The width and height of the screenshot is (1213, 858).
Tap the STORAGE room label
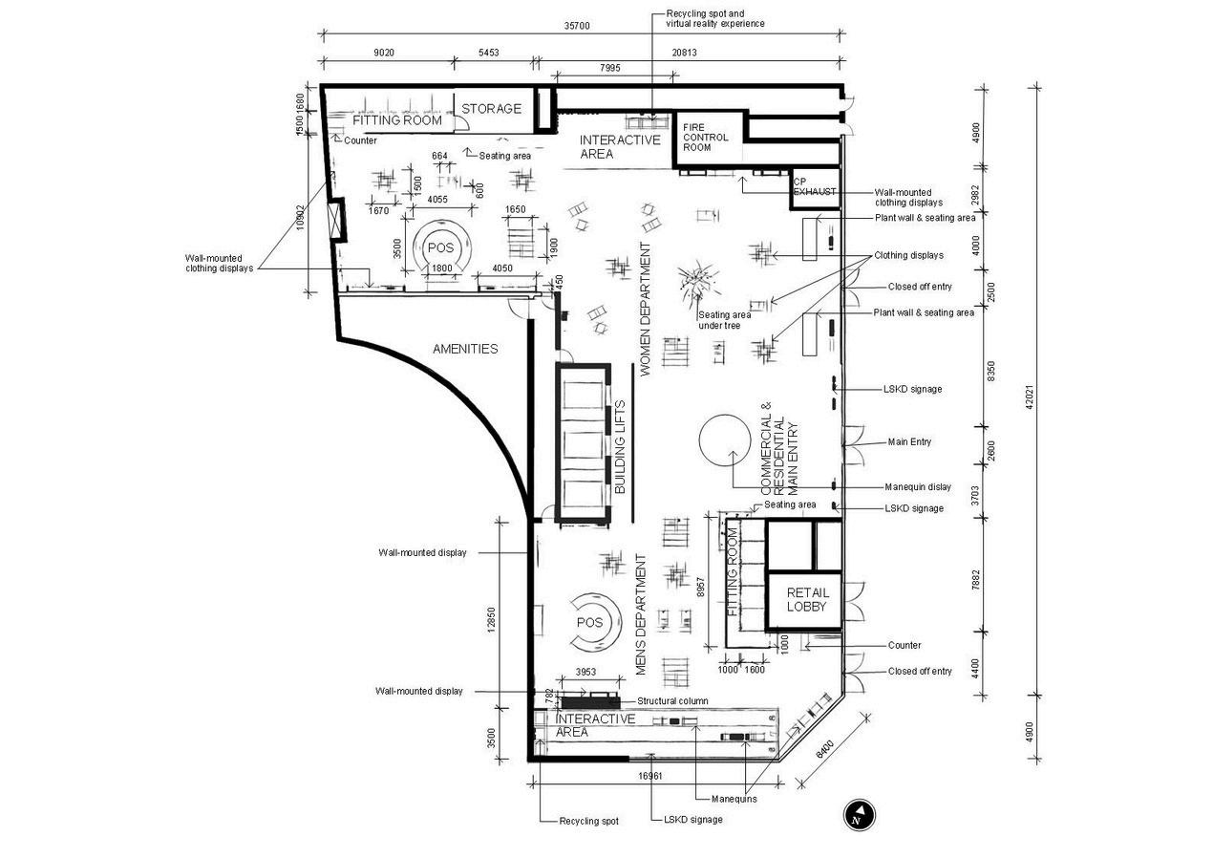click(491, 109)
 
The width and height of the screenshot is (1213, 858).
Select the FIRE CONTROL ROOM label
click(706, 137)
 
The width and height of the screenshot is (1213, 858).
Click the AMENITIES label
click(465, 349)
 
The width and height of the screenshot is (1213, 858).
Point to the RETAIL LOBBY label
click(807, 600)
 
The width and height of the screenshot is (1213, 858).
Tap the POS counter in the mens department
click(591, 622)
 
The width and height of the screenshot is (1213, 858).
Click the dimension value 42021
click(1029, 405)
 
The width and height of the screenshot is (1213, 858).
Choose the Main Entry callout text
click(909, 442)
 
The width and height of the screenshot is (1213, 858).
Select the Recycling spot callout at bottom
click(589, 822)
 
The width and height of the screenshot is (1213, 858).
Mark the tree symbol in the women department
click(696, 279)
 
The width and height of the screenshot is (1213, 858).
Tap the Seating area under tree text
click(724, 321)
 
